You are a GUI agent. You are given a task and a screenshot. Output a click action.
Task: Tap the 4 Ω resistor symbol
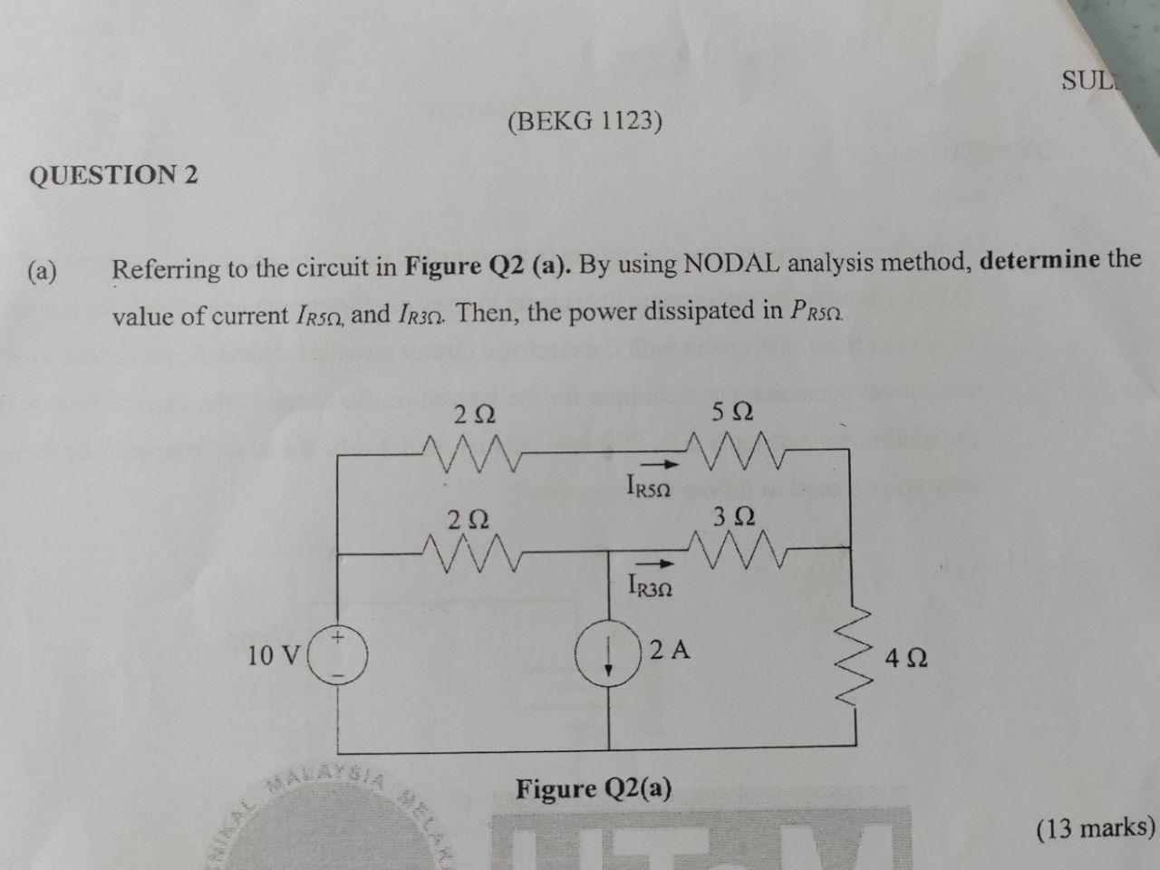[x=855, y=659]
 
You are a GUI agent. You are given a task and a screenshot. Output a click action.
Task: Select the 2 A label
[x=670, y=649]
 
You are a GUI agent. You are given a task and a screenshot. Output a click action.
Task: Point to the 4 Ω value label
[x=905, y=658]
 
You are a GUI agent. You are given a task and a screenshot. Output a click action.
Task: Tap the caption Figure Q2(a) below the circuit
[x=594, y=789]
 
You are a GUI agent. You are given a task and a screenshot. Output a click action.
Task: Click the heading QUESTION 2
[x=113, y=174]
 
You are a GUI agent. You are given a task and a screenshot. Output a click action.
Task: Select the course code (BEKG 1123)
[x=585, y=121]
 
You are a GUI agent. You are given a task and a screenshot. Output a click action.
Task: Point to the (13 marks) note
[x=1096, y=826]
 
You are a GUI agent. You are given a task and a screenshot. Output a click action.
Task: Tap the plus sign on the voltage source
[x=338, y=639]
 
